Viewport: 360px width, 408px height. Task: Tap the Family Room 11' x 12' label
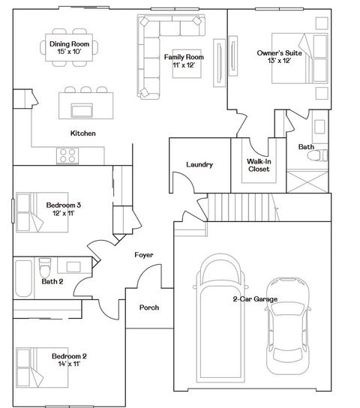[x=184, y=61]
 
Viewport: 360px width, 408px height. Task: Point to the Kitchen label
[x=82, y=133]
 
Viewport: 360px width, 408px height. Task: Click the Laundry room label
[x=199, y=164]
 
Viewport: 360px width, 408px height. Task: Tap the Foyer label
[x=143, y=255]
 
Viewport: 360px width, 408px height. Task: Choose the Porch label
[x=149, y=307]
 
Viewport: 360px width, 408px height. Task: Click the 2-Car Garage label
[x=255, y=299]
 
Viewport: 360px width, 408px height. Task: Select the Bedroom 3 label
[x=64, y=209]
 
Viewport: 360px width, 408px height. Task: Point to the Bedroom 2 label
[x=69, y=360]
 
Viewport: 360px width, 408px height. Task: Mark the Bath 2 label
[x=52, y=282]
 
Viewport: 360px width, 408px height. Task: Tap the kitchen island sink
[x=82, y=109]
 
